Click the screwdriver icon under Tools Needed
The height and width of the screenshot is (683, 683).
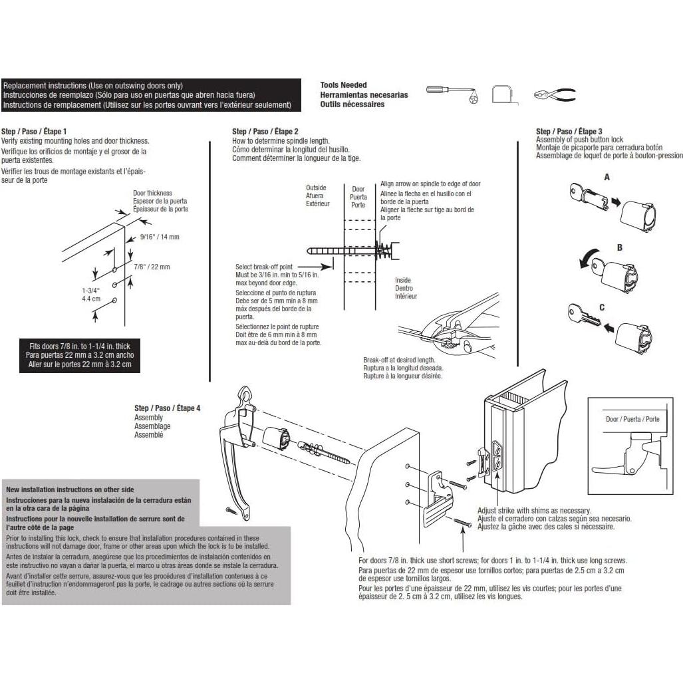coord(452,94)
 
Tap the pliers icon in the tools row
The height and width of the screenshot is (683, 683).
coord(555,94)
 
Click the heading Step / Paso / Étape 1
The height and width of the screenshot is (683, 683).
coord(34,131)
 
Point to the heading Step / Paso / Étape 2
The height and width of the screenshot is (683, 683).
coord(265,131)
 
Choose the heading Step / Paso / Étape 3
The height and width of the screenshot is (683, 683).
coord(569,131)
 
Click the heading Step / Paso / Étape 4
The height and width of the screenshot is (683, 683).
coord(168,408)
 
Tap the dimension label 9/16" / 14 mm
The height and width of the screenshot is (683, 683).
coord(160,237)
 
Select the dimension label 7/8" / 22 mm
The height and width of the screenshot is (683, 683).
coord(152,267)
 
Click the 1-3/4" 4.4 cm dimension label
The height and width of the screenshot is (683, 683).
coord(91,295)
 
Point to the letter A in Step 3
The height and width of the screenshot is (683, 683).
coord(607,178)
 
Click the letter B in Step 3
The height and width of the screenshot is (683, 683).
coord(619,247)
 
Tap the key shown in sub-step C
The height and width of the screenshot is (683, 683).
coord(584,315)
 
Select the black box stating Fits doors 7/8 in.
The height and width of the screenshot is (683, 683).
coord(80,355)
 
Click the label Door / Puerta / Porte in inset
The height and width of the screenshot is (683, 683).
coord(632,419)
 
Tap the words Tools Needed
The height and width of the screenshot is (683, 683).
coord(343,85)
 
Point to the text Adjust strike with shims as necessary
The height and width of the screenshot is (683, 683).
coord(534,511)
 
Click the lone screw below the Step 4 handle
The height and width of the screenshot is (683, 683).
coord(231,509)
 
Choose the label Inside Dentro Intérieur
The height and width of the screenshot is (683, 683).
coord(406,288)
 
